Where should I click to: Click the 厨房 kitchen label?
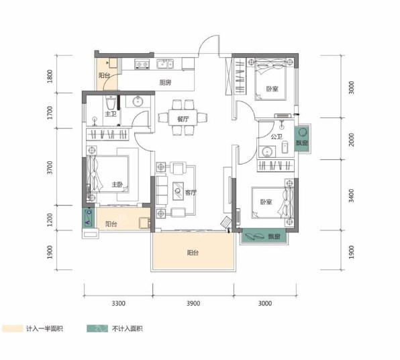[x=165, y=83]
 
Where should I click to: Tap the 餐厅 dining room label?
[x=183, y=119]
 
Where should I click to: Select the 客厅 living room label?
[x=191, y=193]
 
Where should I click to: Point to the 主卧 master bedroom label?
[x=117, y=184]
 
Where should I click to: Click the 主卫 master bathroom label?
[x=111, y=114]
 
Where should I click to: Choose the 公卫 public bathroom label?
[x=277, y=137]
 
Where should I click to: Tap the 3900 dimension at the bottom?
[x=193, y=304]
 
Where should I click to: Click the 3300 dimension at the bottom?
[x=119, y=304]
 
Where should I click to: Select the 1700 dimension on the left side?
[x=50, y=113]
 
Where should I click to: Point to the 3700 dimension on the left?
[x=50, y=167]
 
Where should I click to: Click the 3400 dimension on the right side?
[x=352, y=195]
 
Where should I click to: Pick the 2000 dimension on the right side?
[x=352, y=140]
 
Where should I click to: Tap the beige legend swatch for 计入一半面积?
[x=13, y=328]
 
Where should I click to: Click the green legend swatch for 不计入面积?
[x=97, y=328]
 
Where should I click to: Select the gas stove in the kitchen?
[x=142, y=64]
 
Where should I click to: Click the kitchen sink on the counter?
[x=165, y=64]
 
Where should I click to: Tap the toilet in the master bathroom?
[x=111, y=103]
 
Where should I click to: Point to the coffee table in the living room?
[x=178, y=191]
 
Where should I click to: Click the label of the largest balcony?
[x=193, y=253]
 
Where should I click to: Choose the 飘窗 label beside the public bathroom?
[x=302, y=142]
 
